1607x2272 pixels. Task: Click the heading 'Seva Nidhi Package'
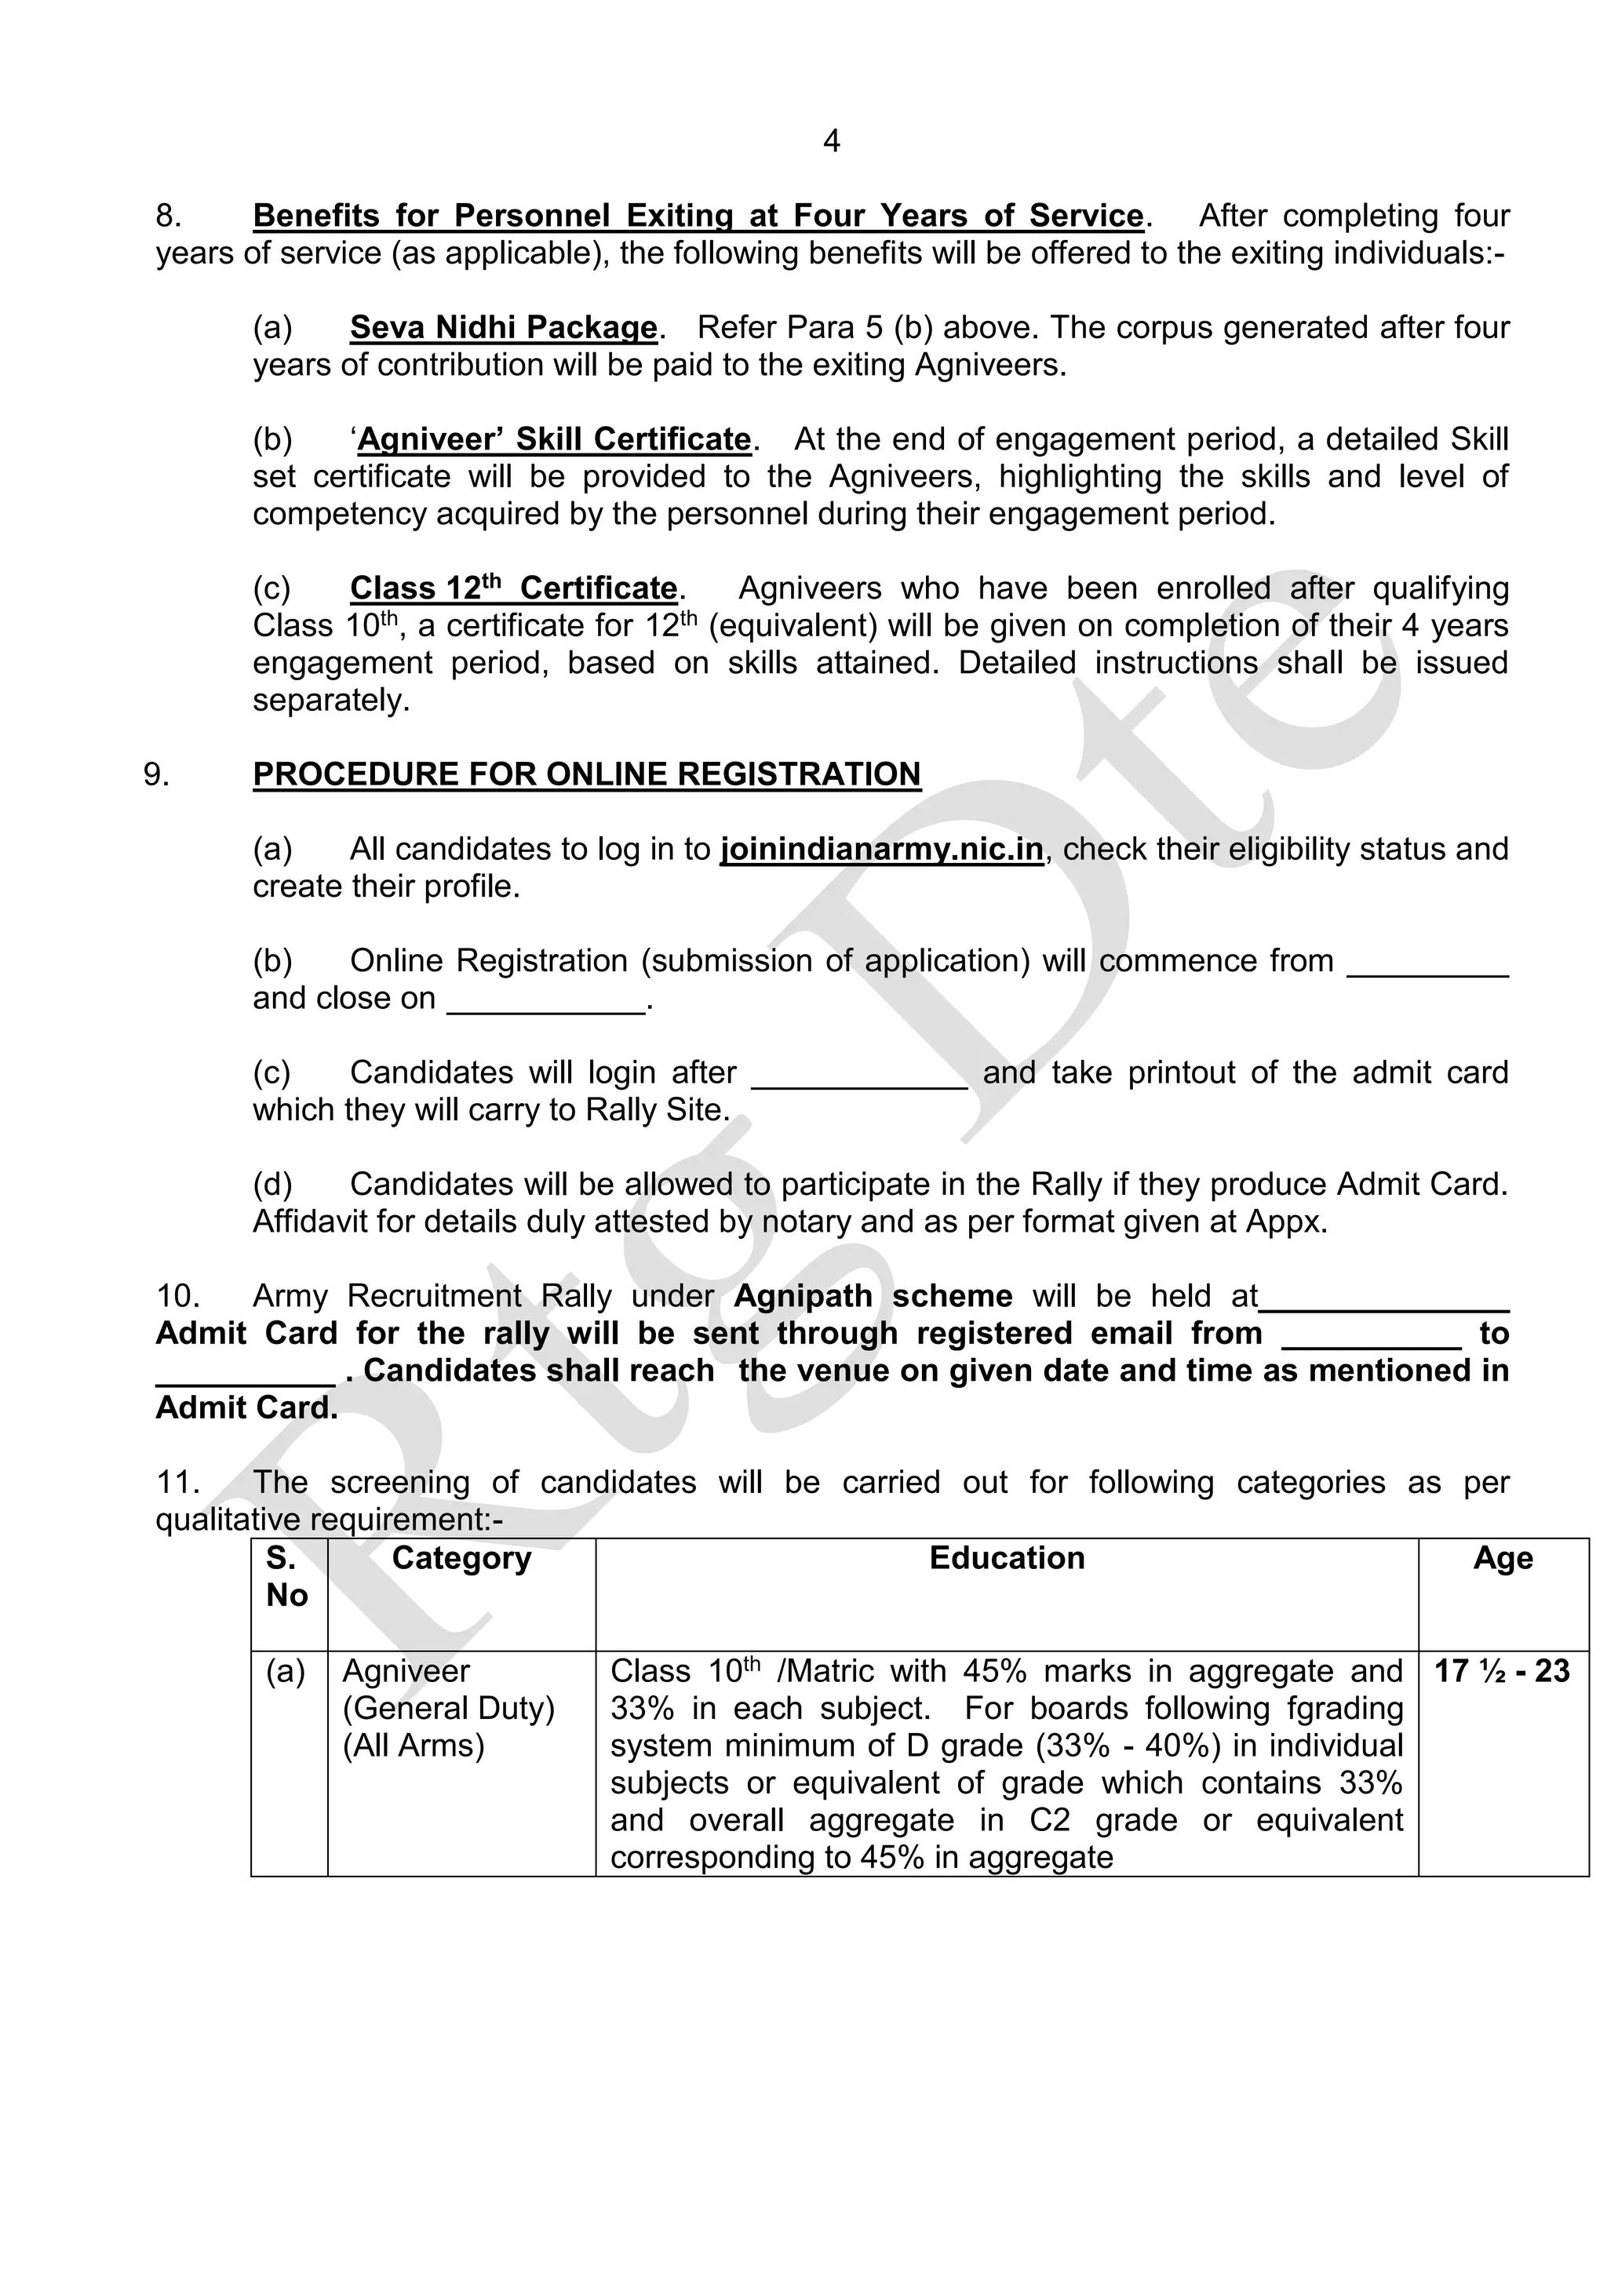coord(504,327)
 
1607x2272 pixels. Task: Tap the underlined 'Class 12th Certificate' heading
coord(514,588)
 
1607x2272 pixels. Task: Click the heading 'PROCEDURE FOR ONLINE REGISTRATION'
coord(587,774)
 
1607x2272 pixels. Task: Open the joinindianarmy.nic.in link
coord(882,849)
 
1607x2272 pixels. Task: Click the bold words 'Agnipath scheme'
coord(873,1296)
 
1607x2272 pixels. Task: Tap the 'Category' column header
coord(461,1559)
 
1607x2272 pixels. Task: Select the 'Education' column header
coord(1007,1559)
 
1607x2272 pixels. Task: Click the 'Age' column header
coord(1502,1559)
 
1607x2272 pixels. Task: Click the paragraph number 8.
coord(167,216)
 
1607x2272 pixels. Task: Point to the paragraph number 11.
coord(177,1482)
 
